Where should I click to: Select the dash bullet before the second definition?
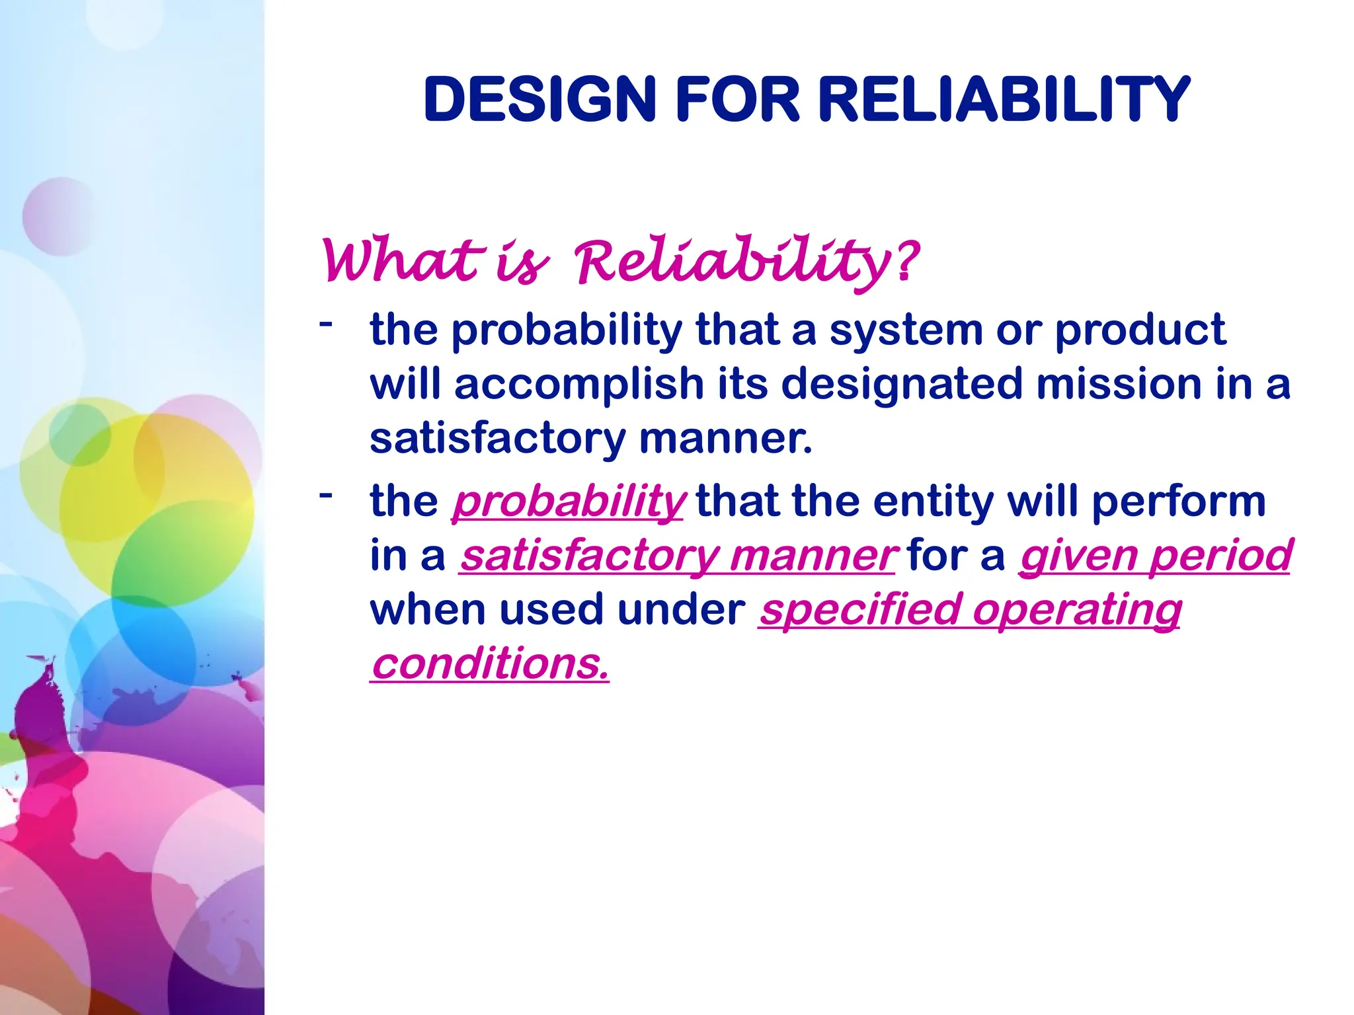tap(325, 494)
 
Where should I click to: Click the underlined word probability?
tap(569, 502)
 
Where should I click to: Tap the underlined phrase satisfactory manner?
tap(678, 556)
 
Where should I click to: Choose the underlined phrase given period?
tap(1155, 556)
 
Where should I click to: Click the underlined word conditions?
tap(489, 664)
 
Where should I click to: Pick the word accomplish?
tap(579, 385)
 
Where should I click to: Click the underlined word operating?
tap(1077, 611)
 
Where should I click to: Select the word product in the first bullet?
tap(1140, 331)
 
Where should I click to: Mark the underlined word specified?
tap(859, 611)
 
